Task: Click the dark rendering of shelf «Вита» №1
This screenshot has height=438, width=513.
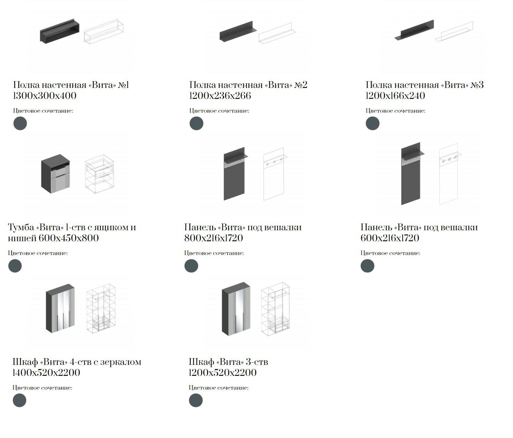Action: click(60, 31)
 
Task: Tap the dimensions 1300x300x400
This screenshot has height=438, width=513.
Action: click(45, 96)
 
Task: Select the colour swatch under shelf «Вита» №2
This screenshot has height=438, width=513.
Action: click(196, 123)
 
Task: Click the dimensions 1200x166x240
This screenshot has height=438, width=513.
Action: click(395, 96)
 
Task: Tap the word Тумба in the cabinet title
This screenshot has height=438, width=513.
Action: click(21, 227)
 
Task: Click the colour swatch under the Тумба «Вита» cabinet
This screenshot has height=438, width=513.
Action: click(15, 266)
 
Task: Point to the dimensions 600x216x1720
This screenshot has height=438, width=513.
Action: click(390, 238)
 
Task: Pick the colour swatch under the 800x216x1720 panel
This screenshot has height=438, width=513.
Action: click(191, 266)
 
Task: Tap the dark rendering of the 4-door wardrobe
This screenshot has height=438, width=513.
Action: click(60, 309)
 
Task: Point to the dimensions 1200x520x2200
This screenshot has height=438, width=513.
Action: click(223, 373)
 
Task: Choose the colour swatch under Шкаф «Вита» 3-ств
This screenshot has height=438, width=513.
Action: click(196, 400)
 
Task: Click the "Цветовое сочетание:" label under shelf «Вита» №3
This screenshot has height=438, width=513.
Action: click(396, 111)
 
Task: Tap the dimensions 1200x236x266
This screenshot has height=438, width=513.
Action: click(220, 96)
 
